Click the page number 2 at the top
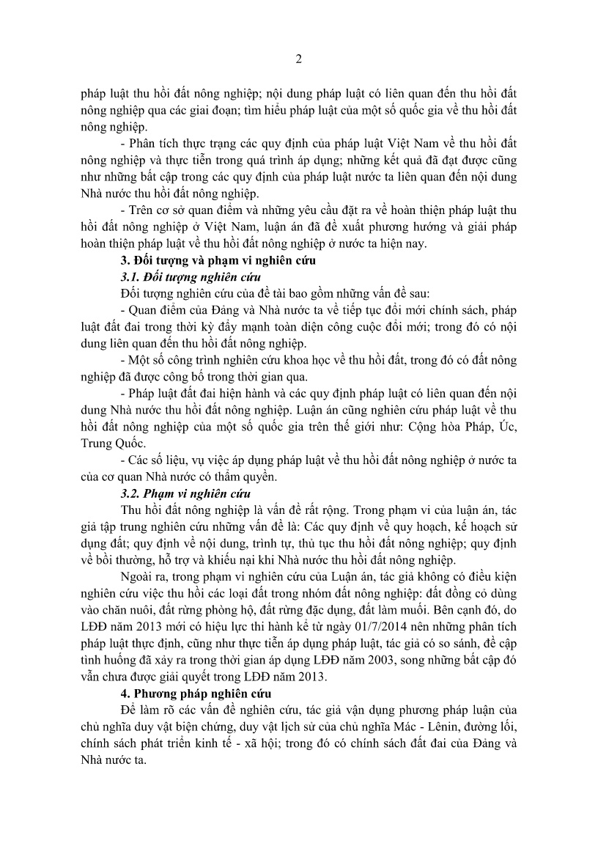(x=299, y=59)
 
